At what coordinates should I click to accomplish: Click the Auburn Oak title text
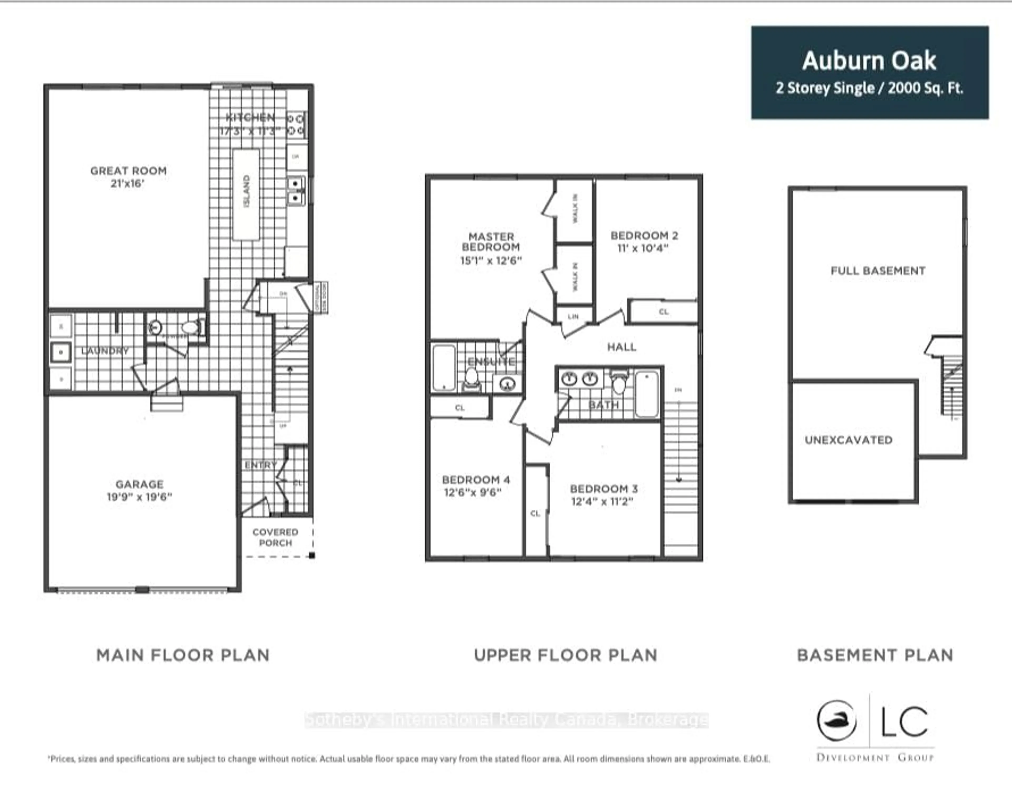pos(869,61)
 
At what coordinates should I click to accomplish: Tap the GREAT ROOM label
pos(128,171)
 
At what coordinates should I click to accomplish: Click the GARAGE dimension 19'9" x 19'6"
pos(139,497)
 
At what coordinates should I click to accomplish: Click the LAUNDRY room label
pos(105,351)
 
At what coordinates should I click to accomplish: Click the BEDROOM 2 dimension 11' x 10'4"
pos(643,248)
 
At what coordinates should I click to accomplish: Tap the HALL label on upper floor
pos(621,347)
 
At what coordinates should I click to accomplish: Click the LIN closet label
pos(573,317)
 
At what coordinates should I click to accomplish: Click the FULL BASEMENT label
pos(878,271)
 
